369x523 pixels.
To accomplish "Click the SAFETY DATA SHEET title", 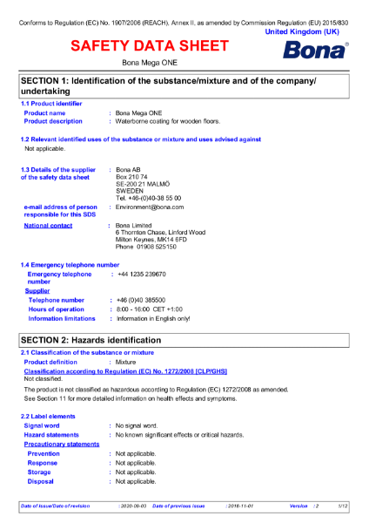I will pos(150,45).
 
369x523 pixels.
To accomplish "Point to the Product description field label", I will pos(54,121).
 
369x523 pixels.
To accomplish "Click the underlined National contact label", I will pos(48,226).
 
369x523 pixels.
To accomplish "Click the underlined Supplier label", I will pos(37,291).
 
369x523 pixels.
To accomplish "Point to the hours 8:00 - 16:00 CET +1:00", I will pos(150,309).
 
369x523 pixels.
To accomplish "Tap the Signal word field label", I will pos(48,425).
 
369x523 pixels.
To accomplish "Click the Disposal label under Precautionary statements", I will pos(41,481).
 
